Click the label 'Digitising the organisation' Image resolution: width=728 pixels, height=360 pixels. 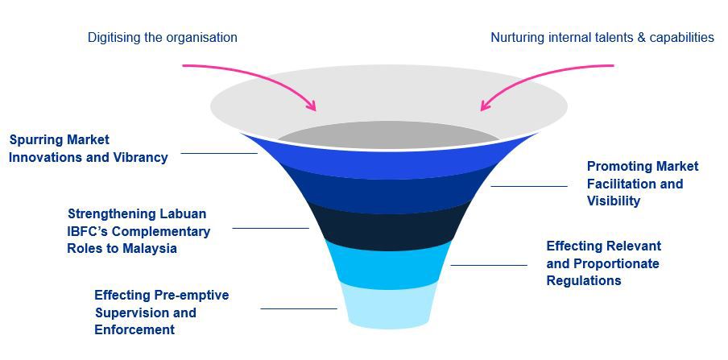[162, 37]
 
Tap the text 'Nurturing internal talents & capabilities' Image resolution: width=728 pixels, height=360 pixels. [602, 37]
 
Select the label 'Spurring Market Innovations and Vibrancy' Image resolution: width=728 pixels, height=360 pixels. [89, 149]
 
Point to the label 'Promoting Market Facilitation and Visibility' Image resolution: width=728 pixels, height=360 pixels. [642, 184]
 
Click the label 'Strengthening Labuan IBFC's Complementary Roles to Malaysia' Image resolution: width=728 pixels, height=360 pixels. [139, 231]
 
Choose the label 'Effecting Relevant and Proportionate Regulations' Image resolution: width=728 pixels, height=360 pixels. [603, 263]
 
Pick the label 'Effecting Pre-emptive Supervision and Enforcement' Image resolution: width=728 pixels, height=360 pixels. [161, 312]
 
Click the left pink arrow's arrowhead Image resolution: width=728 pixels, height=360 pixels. [312, 107]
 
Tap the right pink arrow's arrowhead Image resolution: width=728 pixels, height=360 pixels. [485, 106]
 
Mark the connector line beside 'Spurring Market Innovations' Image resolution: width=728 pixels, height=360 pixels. [218, 153]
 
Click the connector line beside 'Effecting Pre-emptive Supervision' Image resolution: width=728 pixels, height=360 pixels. [298, 308]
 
